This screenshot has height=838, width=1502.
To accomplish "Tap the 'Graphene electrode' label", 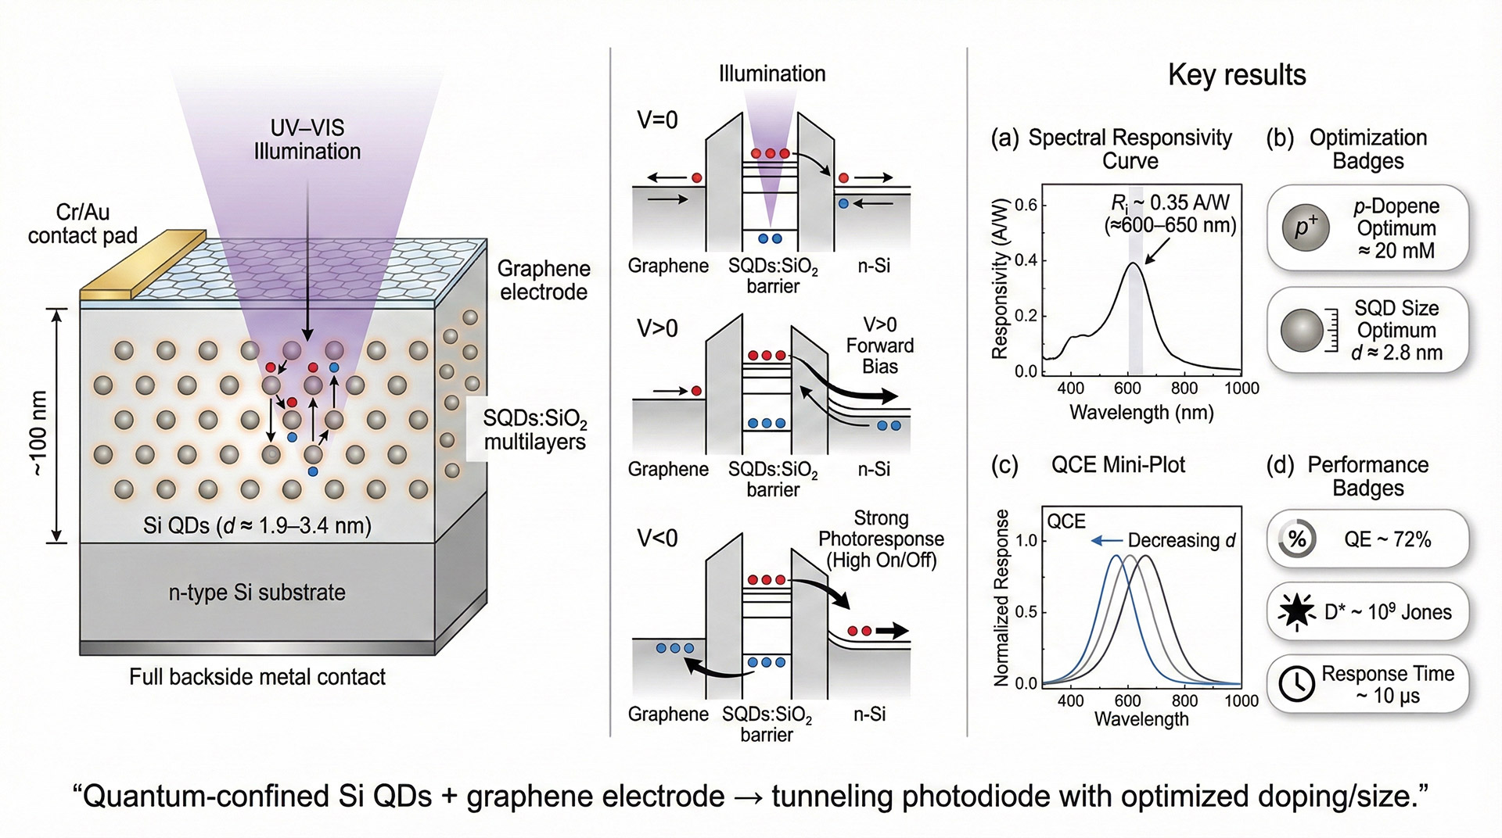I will (544, 280).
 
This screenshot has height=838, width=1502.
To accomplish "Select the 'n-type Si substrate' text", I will (257, 593).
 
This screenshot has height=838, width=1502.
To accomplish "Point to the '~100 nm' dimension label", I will (38, 432).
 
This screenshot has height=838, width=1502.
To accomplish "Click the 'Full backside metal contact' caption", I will (257, 677).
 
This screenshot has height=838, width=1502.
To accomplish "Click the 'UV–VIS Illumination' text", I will (307, 140).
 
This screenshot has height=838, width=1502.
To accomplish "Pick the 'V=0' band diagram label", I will (657, 120).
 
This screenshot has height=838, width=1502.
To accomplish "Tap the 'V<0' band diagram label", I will (657, 539).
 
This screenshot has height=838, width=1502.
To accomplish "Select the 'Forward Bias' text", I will (879, 356).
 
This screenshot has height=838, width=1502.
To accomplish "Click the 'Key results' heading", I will (1237, 75).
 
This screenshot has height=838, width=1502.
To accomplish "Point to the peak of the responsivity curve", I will (1133, 263).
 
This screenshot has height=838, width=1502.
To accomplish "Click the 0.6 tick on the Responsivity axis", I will (1026, 206).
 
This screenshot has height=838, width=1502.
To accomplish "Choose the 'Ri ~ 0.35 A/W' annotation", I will (1170, 203).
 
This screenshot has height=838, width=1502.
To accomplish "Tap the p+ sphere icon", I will (1306, 227).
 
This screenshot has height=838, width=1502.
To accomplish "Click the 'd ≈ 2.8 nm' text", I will (1396, 353).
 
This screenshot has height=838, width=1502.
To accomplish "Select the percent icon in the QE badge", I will (1297, 539).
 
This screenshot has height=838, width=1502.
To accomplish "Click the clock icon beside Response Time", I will (1296, 684).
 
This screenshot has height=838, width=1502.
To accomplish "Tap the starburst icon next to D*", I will (1297, 611).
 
